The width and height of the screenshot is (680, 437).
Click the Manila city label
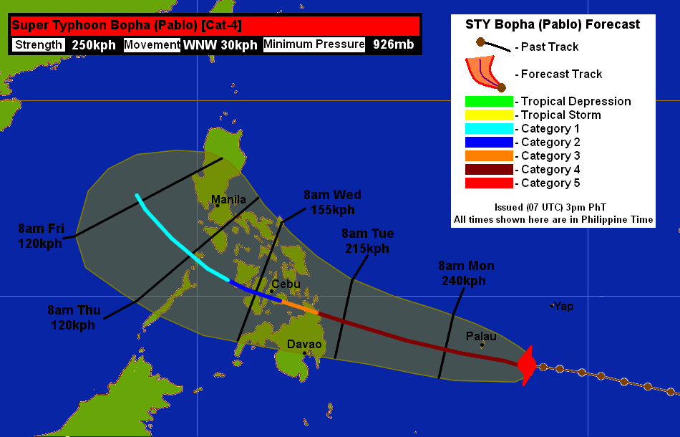point(229,199)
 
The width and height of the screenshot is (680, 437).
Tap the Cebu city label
point(286,284)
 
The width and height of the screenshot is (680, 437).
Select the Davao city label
point(304,345)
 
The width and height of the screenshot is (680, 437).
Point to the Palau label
point(481,335)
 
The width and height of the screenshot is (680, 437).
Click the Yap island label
point(564,307)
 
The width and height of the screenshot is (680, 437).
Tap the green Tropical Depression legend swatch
point(489,102)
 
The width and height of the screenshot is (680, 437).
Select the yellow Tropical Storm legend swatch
point(489,115)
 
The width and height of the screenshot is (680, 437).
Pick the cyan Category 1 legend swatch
point(489,129)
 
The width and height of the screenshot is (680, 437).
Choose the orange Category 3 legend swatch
point(489,156)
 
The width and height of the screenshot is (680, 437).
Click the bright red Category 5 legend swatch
point(489,183)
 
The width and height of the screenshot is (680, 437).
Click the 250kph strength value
point(94,45)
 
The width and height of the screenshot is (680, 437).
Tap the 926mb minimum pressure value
point(392,45)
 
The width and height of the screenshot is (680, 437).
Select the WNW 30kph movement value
point(220,45)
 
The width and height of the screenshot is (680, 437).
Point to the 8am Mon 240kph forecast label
point(466,274)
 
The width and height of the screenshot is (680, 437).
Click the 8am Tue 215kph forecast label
point(368,241)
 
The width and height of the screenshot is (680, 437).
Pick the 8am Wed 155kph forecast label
point(332,202)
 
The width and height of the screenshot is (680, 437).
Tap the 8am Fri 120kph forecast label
point(42,236)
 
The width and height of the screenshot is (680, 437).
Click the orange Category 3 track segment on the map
point(299,307)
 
